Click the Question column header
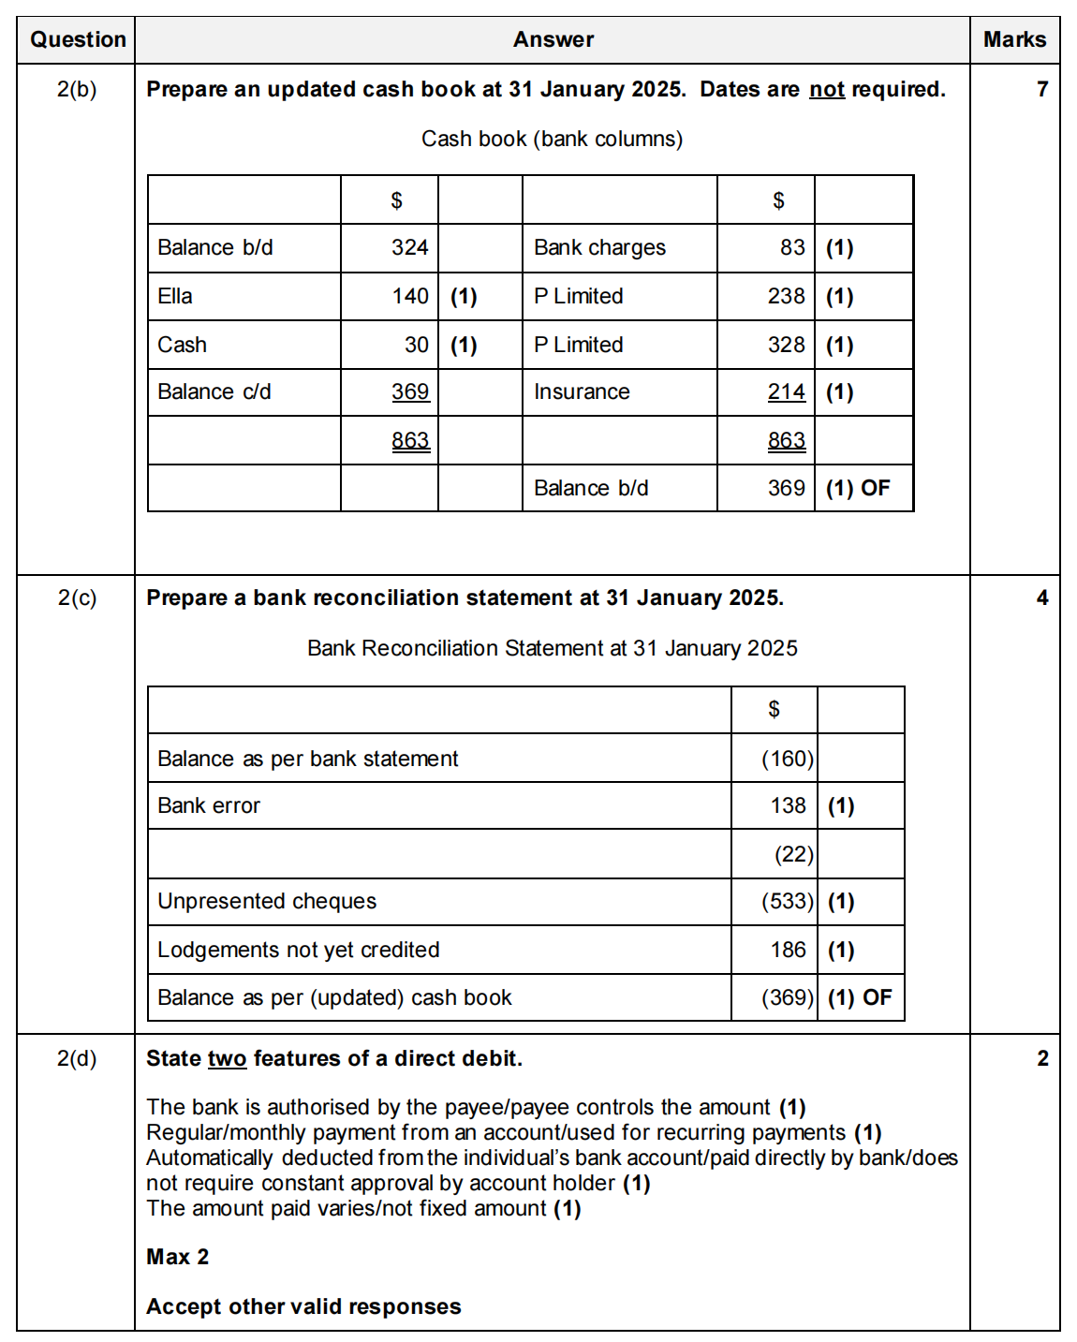[78, 39]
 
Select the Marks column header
[1014, 39]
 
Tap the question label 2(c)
[77, 597]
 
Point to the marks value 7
[1041, 89]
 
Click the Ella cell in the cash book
[175, 296]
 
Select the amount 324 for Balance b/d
[409, 247]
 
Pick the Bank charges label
[599, 247]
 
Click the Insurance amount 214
[786, 391]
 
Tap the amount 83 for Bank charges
[791, 247]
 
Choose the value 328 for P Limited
[786, 345]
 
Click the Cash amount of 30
[416, 345]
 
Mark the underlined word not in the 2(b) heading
[827, 89]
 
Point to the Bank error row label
[209, 805]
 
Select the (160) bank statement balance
[787, 759]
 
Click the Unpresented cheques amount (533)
[787, 901]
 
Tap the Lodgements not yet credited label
[298, 950]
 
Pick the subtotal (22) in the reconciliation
[793, 854]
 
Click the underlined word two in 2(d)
[227, 1058]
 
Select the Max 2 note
[177, 1257]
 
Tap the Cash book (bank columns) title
[552, 139]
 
